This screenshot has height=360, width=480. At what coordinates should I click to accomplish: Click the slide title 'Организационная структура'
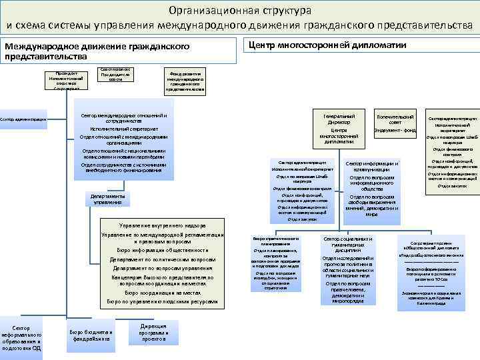(x=240, y=11)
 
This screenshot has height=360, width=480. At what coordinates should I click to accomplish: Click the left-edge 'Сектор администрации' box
(x=23, y=119)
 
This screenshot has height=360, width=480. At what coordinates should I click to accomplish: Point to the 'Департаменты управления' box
(x=103, y=199)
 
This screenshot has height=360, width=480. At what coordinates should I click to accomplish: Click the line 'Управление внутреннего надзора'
(x=163, y=225)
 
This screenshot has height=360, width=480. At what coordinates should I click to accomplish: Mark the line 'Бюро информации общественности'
(x=163, y=250)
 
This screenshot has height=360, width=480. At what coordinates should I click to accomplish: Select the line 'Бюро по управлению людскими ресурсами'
(x=163, y=302)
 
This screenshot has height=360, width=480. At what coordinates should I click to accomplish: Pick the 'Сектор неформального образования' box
(x=21, y=337)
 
